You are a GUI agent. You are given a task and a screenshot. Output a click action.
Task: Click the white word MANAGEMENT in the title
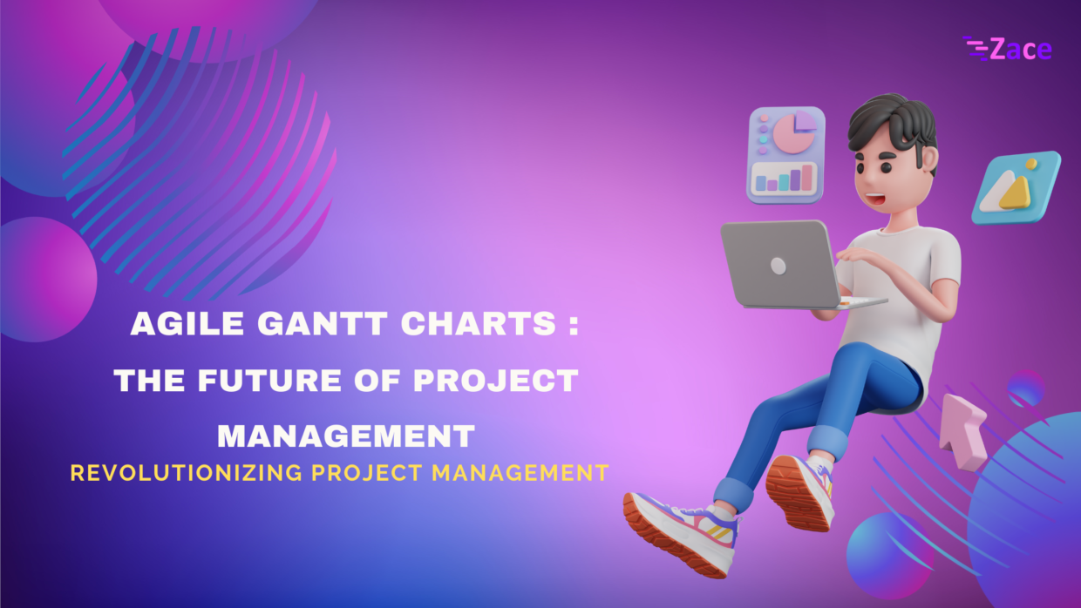[x=345, y=435]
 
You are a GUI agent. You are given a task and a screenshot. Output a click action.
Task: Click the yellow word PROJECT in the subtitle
[x=370, y=473]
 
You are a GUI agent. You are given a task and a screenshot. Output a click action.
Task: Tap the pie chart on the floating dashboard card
[x=792, y=132]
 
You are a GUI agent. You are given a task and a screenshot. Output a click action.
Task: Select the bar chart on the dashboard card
[x=784, y=179]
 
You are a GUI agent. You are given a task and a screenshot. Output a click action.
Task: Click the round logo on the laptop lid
[x=778, y=266]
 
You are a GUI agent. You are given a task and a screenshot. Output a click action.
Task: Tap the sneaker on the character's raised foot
[x=799, y=491]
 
